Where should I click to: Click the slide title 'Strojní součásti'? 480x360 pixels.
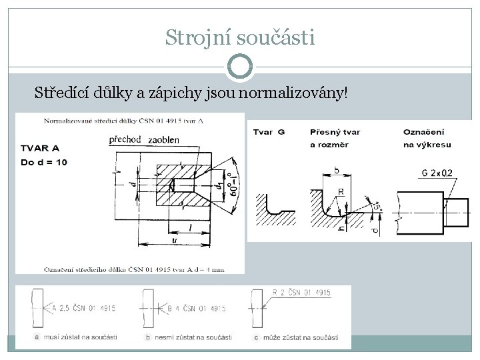click(x=239, y=37)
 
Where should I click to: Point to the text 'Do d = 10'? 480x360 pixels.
click(x=45, y=162)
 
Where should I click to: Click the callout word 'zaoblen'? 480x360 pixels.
click(x=165, y=139)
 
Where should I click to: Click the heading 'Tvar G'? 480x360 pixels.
click(x=269, y=132)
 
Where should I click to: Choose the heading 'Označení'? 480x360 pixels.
click(x=424, y=132)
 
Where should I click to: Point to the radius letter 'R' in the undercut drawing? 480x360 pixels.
click(x=341, y=191)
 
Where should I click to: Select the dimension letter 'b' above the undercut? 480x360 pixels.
click(x=336, y=171)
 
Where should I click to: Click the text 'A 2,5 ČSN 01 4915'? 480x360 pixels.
click(x=83, y=308)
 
